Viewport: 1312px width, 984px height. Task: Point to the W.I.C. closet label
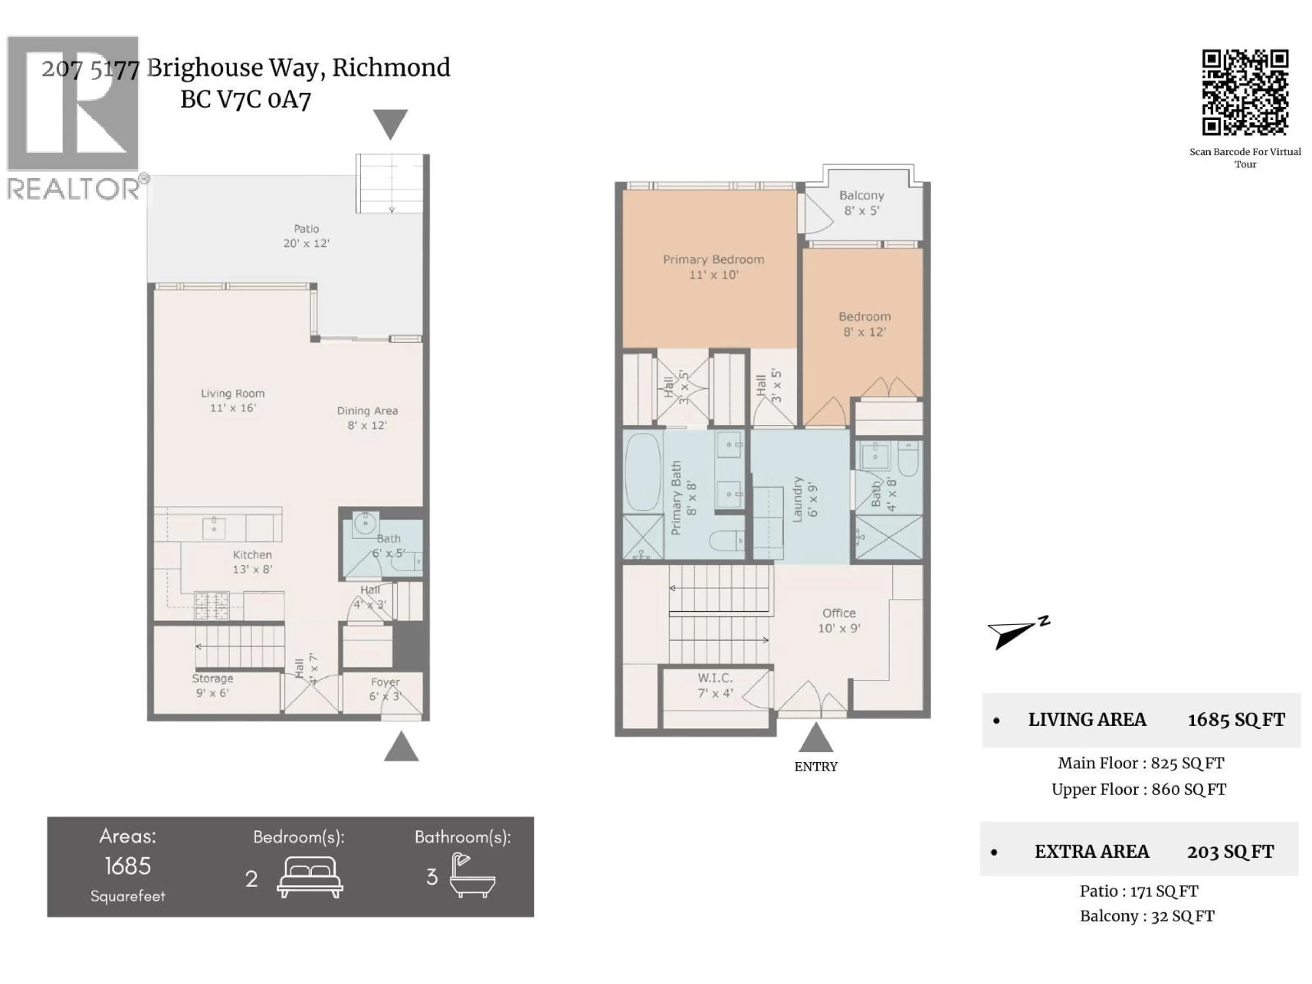pos(715,685)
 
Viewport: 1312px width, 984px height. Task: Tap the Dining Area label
pos(367,418)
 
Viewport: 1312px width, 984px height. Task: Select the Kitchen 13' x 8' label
pos(252,562)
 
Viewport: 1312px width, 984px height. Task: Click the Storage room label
pos(212,685)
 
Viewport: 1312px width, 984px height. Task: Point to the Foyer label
pos(385,688)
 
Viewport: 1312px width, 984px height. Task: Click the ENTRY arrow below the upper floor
pos(816,738)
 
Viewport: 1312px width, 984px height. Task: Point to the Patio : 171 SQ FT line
pos(1138,891)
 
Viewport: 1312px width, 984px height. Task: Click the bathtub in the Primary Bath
pos(642,471)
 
